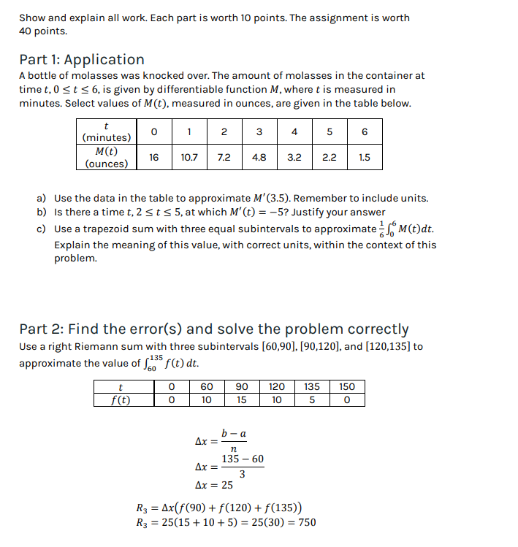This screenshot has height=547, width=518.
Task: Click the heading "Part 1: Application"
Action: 82,59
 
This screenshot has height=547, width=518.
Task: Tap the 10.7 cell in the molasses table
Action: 189,157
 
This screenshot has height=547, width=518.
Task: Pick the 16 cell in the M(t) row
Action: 154,157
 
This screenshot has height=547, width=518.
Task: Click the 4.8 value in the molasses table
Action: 259,157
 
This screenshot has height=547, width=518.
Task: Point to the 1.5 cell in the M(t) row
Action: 364,157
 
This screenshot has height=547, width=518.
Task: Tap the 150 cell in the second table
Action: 347,386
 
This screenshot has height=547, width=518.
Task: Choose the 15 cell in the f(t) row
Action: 242,399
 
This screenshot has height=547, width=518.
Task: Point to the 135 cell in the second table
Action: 312,386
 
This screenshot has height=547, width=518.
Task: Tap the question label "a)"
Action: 42,198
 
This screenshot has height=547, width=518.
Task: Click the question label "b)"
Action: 42,212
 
